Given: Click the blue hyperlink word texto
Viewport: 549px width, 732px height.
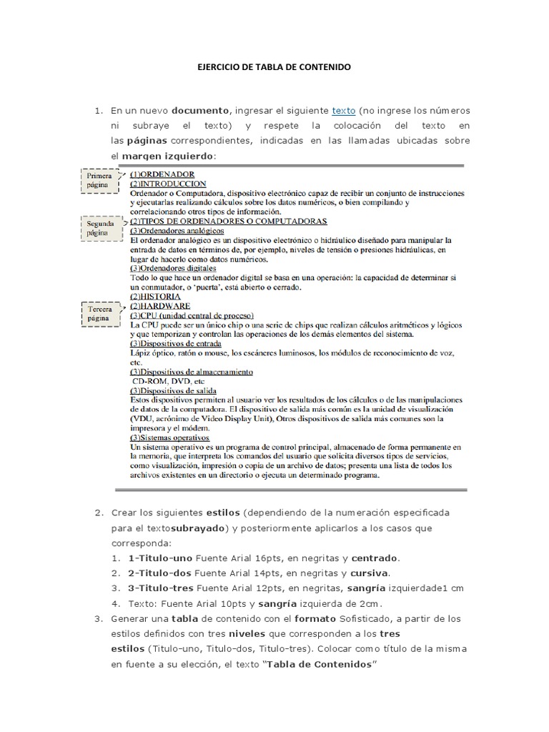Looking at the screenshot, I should [x=344, y=111].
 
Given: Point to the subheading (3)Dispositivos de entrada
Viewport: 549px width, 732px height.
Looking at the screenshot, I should [x=182, y=343].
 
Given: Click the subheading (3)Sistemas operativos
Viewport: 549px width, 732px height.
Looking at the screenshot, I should [x=169, y=437].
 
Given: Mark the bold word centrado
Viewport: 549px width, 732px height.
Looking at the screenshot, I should [x=375, y=558].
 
